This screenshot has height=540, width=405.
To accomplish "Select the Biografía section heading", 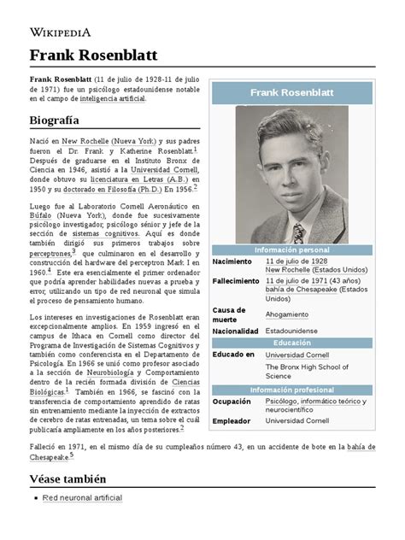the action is tap(56, 120).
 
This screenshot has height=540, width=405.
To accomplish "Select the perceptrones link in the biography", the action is tap(50, 254).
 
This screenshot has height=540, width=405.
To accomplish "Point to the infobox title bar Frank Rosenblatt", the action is tap(292, 92).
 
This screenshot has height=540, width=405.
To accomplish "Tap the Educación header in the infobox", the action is tap(292, 343).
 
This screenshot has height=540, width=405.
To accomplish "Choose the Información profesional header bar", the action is tap(292, 390).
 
